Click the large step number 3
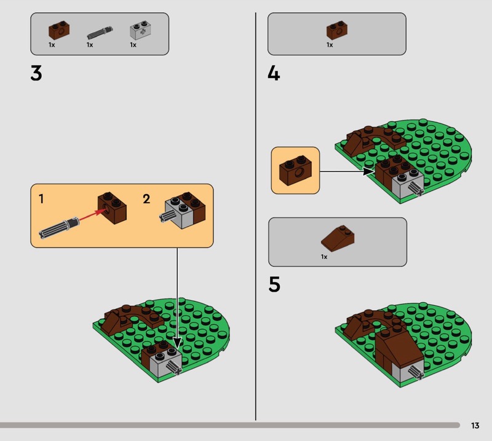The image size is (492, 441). [x=36, y=74]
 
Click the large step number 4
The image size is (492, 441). [x=274, y=74]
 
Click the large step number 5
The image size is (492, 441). [x=274, y=284]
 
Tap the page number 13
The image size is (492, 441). [x=475, y=425]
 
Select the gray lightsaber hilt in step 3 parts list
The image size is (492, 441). [x=100, y=33]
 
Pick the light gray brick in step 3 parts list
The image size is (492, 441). [x=140, y=30]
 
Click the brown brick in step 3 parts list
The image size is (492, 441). [x=59, y=30]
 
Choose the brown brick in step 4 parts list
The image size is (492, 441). [x=337, y=30]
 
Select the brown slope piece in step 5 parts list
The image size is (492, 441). [x=338, y=238]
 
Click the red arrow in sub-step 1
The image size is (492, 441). [x=92, y=215]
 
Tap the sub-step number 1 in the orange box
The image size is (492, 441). [x=41, y=199]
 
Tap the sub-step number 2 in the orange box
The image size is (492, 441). [x=146, y=199]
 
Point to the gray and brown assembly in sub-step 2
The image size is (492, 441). [x=183, y=210]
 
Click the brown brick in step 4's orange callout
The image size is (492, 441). [x=295, y=171]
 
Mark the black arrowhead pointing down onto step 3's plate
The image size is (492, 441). [x=177, y=343]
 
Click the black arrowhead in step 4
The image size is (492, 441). [x=368, y=171]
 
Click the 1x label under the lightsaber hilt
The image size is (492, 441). [x=90, y=45]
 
